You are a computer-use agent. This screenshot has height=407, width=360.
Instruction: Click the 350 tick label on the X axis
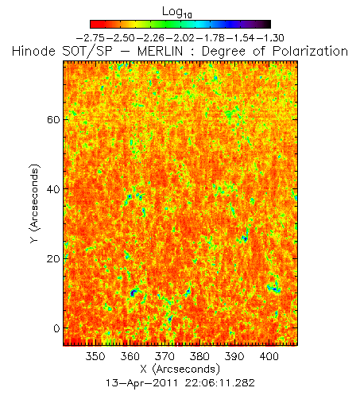(x=95, y=356)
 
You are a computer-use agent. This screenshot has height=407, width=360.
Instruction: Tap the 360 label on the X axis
(x=130, y=356)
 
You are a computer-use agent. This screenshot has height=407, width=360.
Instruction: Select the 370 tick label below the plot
(x=165, y=356)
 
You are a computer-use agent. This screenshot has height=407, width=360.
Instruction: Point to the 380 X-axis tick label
(x=199, y=356)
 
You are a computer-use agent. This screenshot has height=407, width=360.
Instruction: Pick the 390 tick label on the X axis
(x=234, y=356)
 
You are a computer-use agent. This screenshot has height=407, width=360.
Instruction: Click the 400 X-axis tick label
(x=269, y=356)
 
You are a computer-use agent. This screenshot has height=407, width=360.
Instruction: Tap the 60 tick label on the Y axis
(x=53, y=120)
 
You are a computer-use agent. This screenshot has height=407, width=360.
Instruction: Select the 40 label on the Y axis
(x=53, y=189)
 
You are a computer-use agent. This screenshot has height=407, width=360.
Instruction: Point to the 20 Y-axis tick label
(x=53, y=258)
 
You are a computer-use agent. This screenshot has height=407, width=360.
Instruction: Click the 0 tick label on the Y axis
(x=56, y=328)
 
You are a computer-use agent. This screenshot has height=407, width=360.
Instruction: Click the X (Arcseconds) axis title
(x=180, y=369)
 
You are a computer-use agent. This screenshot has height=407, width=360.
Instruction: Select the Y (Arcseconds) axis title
(x=35, y=203)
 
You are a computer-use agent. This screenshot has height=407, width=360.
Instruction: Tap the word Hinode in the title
(x=33, y=51)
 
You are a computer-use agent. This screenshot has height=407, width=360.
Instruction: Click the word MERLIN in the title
(x=160, y=51)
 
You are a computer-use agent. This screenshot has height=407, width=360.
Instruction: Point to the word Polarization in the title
(x=310, y=51)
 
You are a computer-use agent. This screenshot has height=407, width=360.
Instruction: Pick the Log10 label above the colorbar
(x=177, y=12)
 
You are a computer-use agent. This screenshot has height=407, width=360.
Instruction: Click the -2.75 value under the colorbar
(x=91, y=38)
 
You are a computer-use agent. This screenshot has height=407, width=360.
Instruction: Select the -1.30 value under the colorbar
(x=269, y=38)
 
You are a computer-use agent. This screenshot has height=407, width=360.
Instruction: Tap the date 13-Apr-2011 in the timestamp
(x=141, y=383)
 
